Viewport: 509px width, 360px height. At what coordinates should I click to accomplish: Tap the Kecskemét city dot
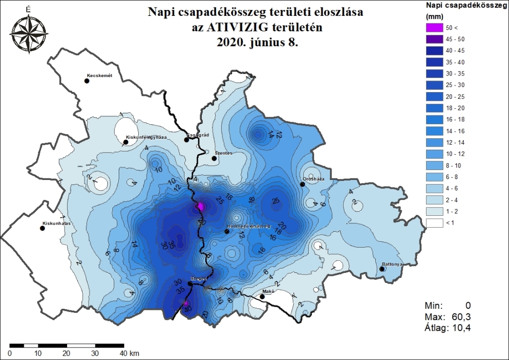pyautogui.click(x=87, y=81)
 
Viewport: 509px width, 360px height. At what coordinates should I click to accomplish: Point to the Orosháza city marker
pyautogui.click(x=302, y=184)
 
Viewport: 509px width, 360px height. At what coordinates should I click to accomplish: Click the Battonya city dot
pyautogui.click(x=382, y=269)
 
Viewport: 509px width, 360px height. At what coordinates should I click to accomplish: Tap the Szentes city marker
pyautogui.click(x=214, y=159)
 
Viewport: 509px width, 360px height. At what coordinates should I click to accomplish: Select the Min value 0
pyautogui.click(x=467, y=305)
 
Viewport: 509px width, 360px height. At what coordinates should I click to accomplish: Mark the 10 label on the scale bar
pyautogui.click(x=38, y=354)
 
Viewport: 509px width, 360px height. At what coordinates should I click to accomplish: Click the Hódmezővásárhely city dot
pyautogui.click(x=228, y=231)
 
